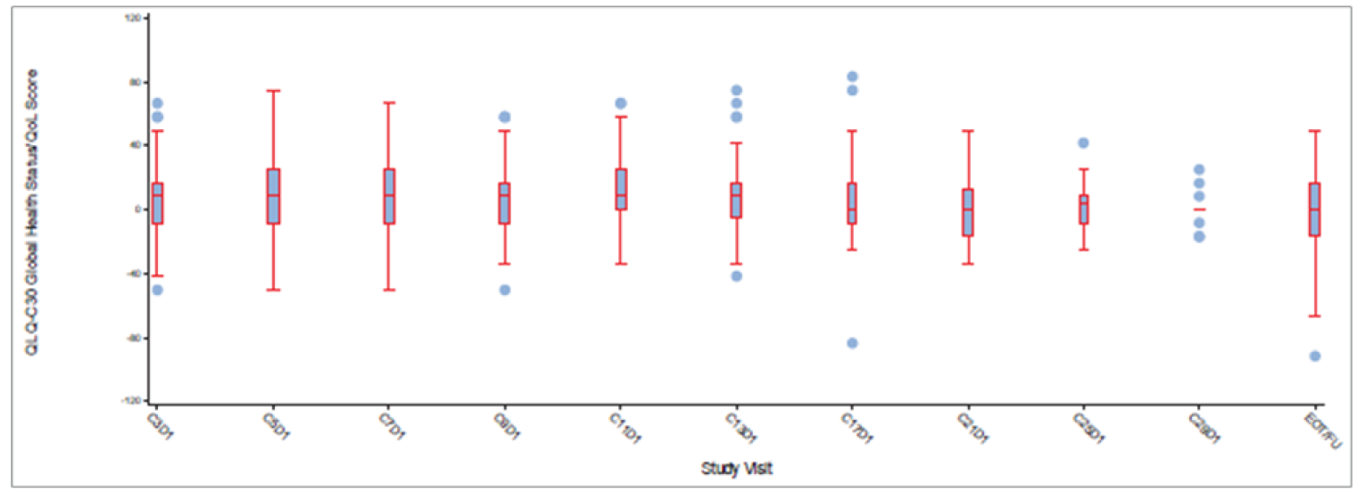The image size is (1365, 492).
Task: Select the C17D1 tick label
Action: (x=857, y=423)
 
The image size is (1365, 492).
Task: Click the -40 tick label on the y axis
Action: (x=135, y=274)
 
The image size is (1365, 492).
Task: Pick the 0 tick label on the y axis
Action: (x=140, y=209)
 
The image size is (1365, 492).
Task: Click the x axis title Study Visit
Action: (x=736, y=468)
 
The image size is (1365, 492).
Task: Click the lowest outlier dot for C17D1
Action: (x=852, y=343)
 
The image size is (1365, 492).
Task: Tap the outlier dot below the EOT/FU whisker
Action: (x=1315, y=357)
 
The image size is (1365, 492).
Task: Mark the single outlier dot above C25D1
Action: (x=1083, y=143)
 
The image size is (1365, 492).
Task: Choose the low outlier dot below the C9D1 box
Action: (x=505, y=290)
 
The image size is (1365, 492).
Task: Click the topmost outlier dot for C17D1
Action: (x=852, y=77)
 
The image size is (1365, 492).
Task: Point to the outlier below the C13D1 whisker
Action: (x=736, y=276)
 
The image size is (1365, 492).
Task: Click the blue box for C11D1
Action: (x=621, y=189)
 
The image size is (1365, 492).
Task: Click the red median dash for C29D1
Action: (x=1199, y=209)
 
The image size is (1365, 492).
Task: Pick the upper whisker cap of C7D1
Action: (x=389, y=102)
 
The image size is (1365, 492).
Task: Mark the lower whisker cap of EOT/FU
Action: (x=1315, y=316)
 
